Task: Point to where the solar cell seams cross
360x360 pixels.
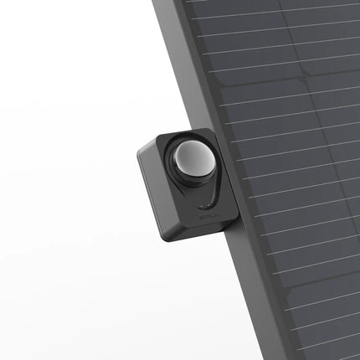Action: pyautogui.click(x=289, y=80)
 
